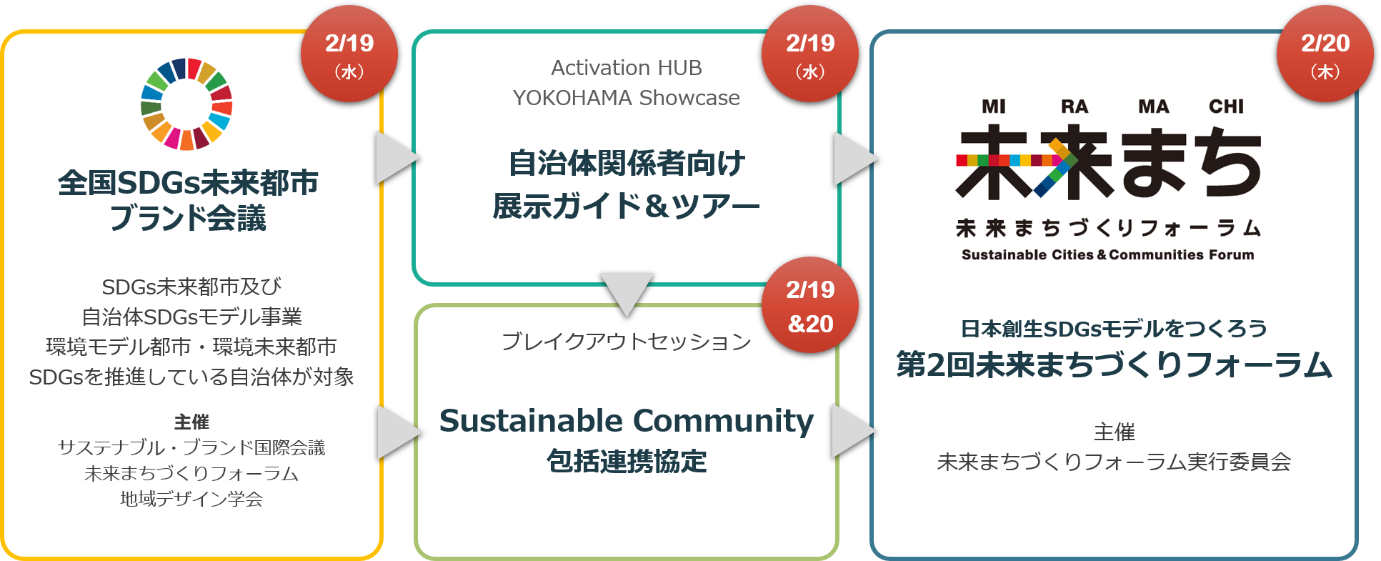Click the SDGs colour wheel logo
point(186,104)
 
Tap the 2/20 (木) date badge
point(1325,54)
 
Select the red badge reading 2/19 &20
point(810,306)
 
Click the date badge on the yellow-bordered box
point(349,54)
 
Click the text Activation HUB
point(626,68)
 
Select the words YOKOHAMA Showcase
point(626,98)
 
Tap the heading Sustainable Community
point(626,421)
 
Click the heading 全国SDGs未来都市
point(188,183)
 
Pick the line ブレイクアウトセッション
point(626,342)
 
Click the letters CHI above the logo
point(1226,106)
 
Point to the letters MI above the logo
point(993,106)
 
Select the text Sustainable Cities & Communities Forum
point(1107,255)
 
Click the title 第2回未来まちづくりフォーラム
point(1114,365)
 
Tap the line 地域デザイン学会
point(191,499)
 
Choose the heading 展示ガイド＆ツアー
point(626,207)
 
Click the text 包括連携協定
point(626,462)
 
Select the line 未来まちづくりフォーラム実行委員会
point(1114,462)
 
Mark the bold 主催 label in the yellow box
point(191,422)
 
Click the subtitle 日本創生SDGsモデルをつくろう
point(1114,329)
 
